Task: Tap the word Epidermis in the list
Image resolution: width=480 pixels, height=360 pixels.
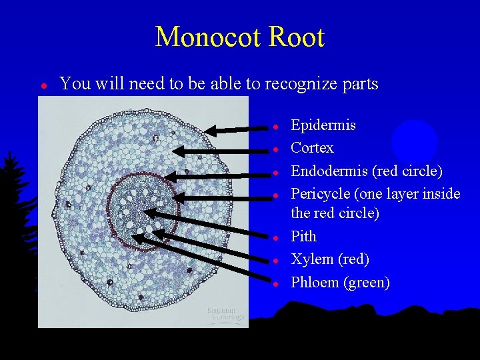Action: coord(323,125)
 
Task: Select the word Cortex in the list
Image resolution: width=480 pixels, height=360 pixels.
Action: coord(312,147)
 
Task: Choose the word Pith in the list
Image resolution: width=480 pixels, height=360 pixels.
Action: coord(303,237)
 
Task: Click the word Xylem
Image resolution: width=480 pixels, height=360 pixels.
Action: coord(312,259)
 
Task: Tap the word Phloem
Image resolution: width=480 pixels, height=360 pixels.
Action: coord(315,283)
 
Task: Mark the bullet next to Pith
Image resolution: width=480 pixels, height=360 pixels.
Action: coord(275,237)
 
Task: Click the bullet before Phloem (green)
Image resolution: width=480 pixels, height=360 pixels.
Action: coord(275,283)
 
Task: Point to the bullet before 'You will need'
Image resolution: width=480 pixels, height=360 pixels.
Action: coord(43,85)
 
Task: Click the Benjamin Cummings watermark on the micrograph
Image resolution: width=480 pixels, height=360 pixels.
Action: coord(225,314)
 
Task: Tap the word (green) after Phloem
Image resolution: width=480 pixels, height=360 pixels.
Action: coord(367,283)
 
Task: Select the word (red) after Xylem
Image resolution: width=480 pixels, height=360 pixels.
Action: coord(354,259)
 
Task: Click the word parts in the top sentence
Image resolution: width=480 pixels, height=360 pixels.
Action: coord(359,85)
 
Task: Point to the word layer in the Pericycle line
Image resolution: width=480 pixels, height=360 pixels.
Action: coord(421,193)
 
